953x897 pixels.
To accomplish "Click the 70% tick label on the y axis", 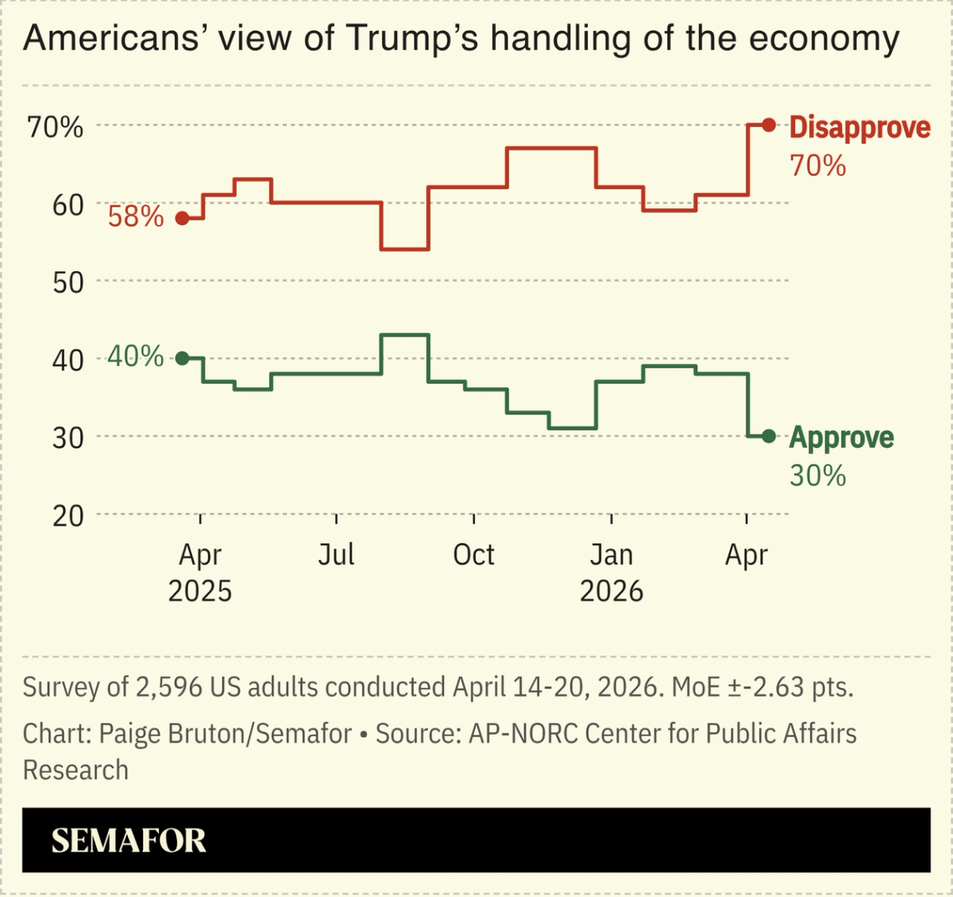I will click(x=55, y=127).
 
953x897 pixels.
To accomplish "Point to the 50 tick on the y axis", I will click(x=68, y=282).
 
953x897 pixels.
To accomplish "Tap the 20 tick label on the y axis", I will click(x=68, y=515).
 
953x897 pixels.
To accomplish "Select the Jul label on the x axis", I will click(x=336, y=555).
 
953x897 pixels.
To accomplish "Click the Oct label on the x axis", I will click(x=473, y=555).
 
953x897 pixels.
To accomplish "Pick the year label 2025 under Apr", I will click(x=200, y=591).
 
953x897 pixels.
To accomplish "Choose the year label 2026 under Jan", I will click(x=611, y=591).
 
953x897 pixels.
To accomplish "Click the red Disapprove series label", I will click(x=859, y=128).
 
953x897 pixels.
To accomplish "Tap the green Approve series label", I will click(x=841, y=438).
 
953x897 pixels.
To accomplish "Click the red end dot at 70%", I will click(x=769, y=125).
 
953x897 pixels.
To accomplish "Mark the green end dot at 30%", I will click(x=769, y=436).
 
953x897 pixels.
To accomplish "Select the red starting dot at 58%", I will click(x=181, y=218).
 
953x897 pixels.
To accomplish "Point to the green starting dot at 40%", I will click(x=181, y=358).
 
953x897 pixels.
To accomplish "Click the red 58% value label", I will click(x=135, y=218).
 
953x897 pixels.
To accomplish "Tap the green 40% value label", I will click(x=135, y=356).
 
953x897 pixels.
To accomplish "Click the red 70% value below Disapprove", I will click(x=818, y=166).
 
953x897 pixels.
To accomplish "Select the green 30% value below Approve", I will click(x=818, y=475).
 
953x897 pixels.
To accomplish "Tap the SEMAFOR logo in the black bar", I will click(x=129, y=840).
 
